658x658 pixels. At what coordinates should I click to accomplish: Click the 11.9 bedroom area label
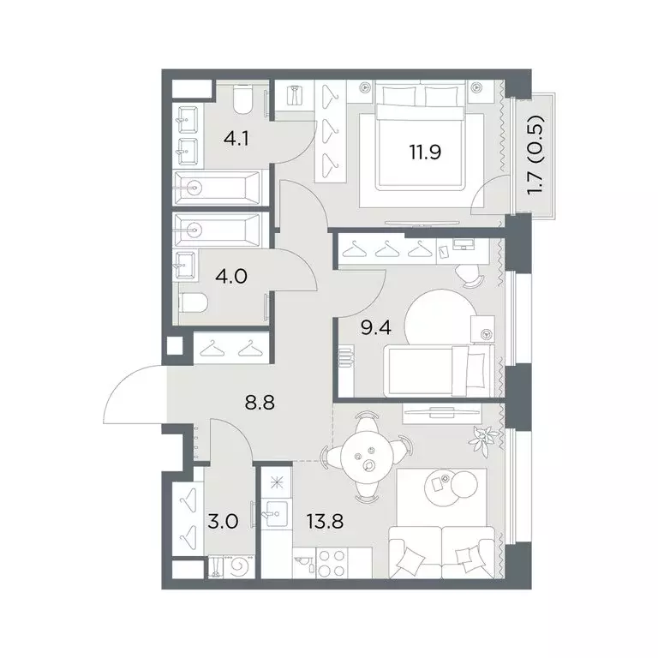click(x=425, y=152)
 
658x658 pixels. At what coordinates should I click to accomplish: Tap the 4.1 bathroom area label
click(x=236, y=138)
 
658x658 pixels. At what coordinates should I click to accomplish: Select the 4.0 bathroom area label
click(x=231, y=277)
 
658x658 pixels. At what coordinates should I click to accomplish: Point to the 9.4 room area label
click(x=376, y=327)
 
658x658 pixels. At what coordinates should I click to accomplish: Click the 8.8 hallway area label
click(x=260, y=403)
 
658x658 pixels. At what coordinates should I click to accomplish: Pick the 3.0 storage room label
click(x=223, y=522)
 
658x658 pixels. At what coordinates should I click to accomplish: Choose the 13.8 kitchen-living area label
click(x=326, y=522)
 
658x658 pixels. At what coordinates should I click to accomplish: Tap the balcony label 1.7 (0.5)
click(x=536, y=155)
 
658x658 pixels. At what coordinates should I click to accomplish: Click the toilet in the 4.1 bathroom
click(x=242, y=99)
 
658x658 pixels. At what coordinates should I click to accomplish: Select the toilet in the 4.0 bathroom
click(x=193, y=302)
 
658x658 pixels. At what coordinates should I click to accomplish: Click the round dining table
click(x=368, y=457)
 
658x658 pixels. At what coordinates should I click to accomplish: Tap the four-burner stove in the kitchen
click(x=332, y=563)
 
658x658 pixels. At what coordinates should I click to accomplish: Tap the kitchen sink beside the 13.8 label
click(x=275, y=514)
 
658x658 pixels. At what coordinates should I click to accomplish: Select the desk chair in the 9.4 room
click(x=470, y=277)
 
